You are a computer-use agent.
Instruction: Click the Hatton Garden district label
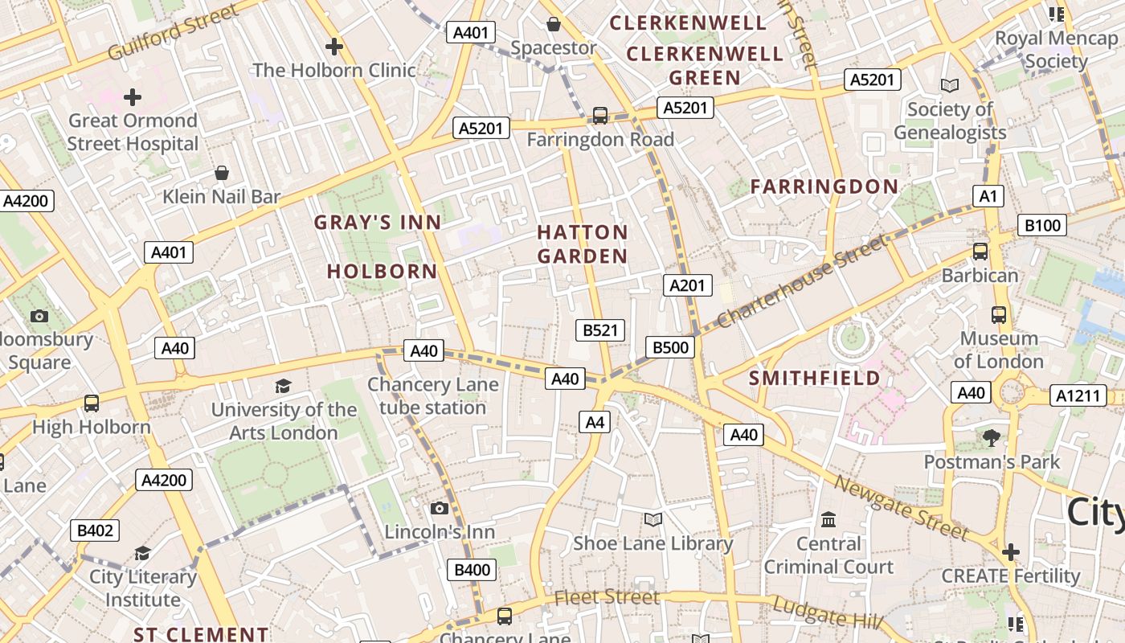pos(583,244)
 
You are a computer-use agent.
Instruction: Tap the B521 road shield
pos(600,330)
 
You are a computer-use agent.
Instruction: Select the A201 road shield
pos(688,285)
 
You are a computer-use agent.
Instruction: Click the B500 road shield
pos(670,347)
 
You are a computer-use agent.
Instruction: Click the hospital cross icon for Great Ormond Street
pos(133,97)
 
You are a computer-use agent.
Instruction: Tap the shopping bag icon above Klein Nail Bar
pos(222,173)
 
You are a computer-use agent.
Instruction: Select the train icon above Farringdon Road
pos(600,116)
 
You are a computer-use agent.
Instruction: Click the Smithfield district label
pos(815,378)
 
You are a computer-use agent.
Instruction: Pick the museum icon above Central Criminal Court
pos(828,520)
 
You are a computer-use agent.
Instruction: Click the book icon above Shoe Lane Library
pos(653,520)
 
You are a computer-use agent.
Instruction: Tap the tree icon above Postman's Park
pos(992,438)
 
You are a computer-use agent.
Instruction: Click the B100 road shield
pos(1042,225)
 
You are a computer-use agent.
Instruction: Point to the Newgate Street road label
pos(900,507)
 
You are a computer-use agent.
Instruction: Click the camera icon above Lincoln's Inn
pos(439,508)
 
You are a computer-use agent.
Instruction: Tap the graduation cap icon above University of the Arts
pos(283,387)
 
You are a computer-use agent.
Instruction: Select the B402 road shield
pos(95,530)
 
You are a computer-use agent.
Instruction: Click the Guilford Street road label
pos(173,32)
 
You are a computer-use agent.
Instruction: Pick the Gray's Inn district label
pos(377,223)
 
